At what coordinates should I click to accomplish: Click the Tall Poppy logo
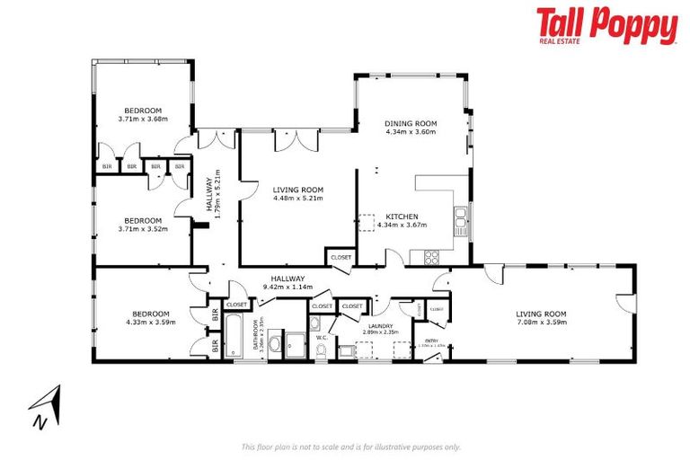[606, 26]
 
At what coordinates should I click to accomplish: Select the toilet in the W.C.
[321, 349]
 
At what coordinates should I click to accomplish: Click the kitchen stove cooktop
[430, 257]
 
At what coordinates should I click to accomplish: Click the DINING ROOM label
[411, 123]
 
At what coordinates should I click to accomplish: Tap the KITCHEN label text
[402, 217]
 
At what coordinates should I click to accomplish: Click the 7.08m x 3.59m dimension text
[542, 323]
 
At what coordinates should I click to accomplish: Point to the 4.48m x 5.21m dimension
[297, 198]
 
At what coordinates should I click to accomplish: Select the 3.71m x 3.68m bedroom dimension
[143, 119]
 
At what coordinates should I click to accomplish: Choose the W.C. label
[321, 338]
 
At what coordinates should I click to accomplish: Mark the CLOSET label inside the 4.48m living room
[341, 257]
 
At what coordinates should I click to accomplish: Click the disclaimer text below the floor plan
[351, 447]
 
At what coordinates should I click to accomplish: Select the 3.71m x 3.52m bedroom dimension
[143, 229]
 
